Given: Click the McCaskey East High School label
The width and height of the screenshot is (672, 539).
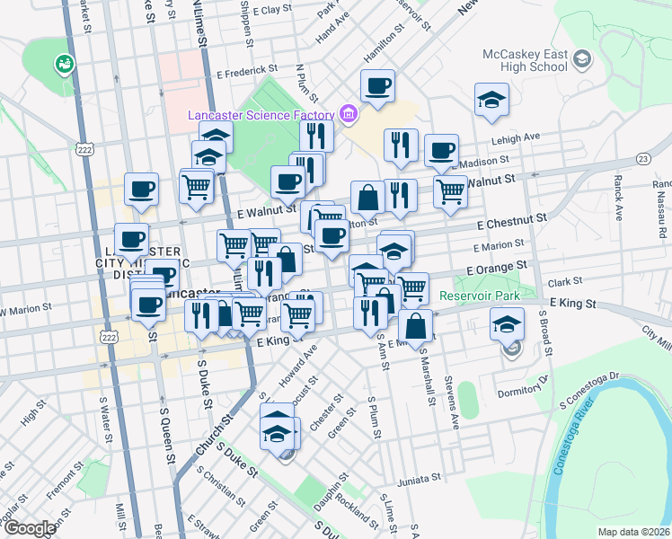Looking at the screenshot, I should tap(525, 60).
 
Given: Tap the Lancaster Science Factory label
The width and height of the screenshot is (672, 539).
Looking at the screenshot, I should tap(261, 115).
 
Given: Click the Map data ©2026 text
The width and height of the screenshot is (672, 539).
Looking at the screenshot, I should tap(632, 532).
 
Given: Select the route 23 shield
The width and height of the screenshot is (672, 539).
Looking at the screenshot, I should tap(642, 158).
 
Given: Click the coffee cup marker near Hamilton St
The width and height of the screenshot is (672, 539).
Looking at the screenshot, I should tap(378, 87).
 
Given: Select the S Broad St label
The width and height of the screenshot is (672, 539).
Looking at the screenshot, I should tap(542, 332).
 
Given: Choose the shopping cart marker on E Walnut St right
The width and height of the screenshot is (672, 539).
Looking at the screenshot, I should tap(450, 190).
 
